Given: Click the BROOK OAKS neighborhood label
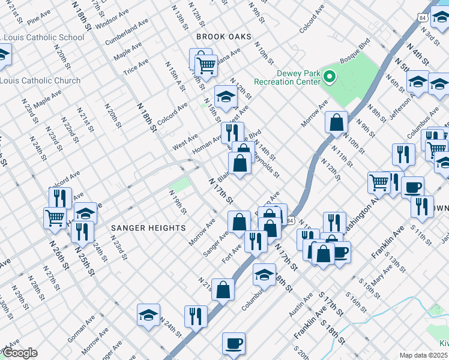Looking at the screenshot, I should (x=223, y=37).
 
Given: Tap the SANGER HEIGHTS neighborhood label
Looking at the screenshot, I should (x=139, y=228).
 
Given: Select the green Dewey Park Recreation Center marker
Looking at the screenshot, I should (x=329, y=77).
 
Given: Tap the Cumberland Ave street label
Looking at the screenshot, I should (x=126, y=32).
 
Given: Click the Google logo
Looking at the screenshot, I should (x=19, y=353).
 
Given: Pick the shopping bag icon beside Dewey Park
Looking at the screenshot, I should (x=337, y=122).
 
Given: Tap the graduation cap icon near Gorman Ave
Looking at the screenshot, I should (x=148, y=314).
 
